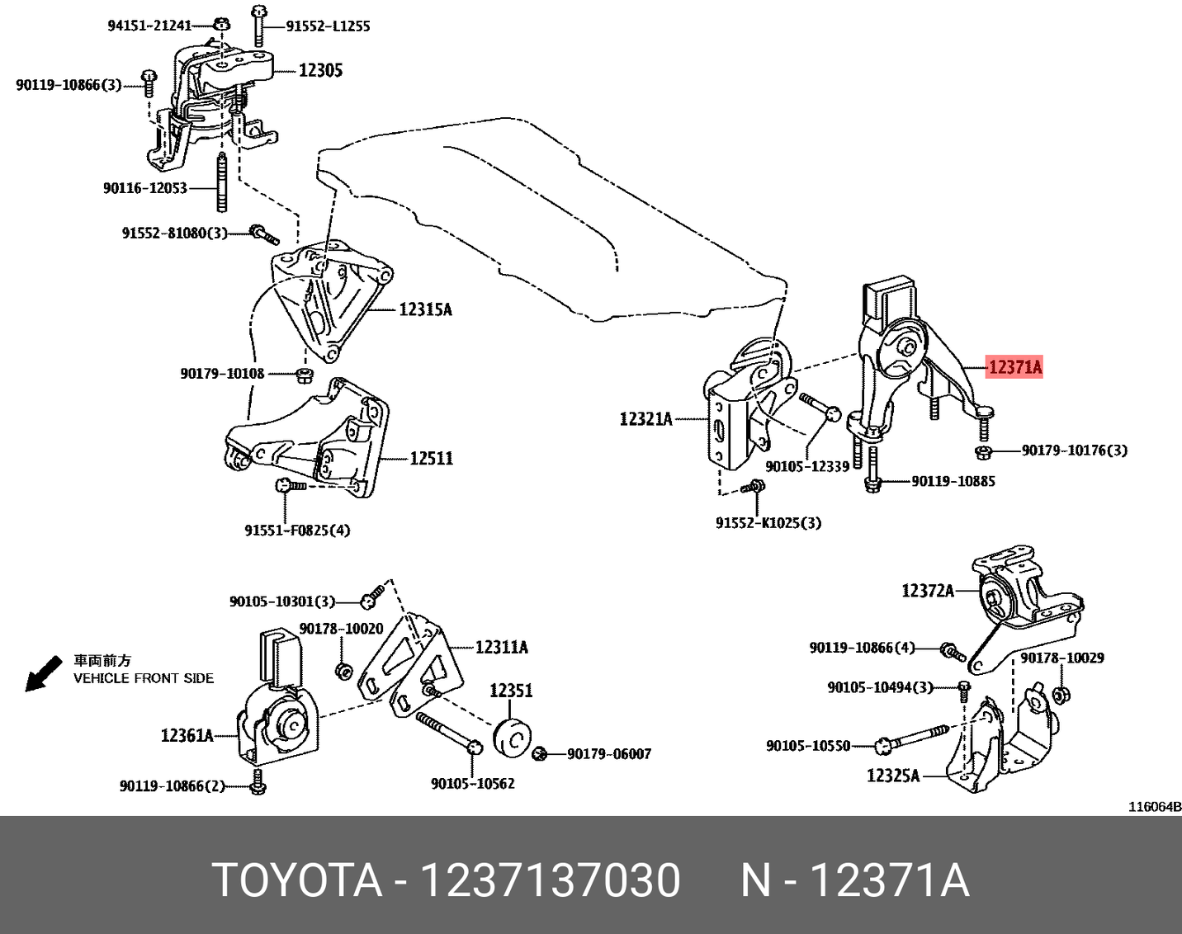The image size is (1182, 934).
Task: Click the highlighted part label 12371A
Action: [1014, 366]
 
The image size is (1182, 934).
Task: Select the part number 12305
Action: [320, 71]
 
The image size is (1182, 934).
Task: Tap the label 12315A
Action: [425, 309]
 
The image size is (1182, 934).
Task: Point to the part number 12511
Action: [431, 458]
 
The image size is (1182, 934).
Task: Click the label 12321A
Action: [645, 419]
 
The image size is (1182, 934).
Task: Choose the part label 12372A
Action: [928, 590]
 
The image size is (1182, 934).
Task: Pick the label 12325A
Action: [892, 776]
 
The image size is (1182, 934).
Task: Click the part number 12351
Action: [511, 691]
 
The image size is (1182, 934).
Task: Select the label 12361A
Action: [187, 734]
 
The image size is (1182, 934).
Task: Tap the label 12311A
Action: [501, 647]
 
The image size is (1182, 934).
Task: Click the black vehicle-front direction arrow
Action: [42, 673]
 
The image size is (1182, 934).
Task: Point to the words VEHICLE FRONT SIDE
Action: [144, 678]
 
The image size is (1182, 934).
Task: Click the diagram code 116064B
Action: [1155, 806]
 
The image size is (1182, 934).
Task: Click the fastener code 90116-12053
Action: [144, 188]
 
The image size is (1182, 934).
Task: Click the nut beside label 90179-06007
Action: [541, 753]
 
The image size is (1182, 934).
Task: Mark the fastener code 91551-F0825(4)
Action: [297, 530]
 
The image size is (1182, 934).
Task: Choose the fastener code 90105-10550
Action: [807, 746]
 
